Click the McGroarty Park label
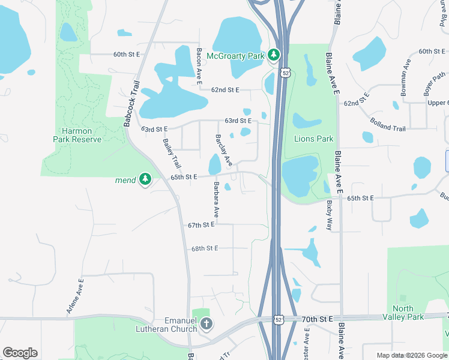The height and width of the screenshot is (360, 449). (x=235, y=56)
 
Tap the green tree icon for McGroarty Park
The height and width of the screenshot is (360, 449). (x=274, y=56)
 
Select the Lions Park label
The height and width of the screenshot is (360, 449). (x=313, y=139)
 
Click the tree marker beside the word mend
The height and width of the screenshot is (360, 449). (x=145, y=179)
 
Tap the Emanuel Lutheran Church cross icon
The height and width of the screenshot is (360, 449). (x=206, y=325)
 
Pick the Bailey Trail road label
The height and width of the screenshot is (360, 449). (x=171, y=153)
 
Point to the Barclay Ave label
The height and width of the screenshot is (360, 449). (x=223, y=150)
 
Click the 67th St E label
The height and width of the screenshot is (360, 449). (x=201, y=225)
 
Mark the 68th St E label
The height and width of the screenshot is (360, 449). (x=205, y=248)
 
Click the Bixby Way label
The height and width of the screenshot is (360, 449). (x=329, y=216)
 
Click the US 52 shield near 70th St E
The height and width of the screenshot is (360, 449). (x=277, y=320)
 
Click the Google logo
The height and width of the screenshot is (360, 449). (x=20, y=352)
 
